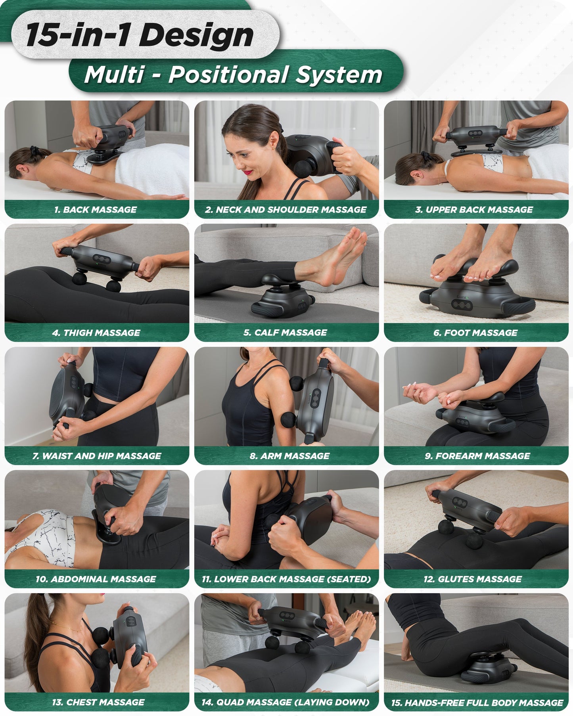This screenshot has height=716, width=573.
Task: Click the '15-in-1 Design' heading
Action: coord(140,35)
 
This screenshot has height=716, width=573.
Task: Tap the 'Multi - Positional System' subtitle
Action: coord(233,74)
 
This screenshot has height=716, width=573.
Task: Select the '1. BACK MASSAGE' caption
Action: coord(96,210)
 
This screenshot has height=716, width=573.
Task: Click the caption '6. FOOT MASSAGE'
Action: coord(475,333)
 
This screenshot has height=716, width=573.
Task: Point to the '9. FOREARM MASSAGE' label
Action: coord(477,456)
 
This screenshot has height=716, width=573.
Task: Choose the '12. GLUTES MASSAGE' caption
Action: coord(472,579)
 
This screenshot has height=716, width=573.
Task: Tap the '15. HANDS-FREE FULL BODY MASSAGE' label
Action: coord(477,703)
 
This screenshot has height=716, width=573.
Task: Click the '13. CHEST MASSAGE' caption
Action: coord(98,703)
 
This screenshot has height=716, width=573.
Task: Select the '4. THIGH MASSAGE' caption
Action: coord(96,333)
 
